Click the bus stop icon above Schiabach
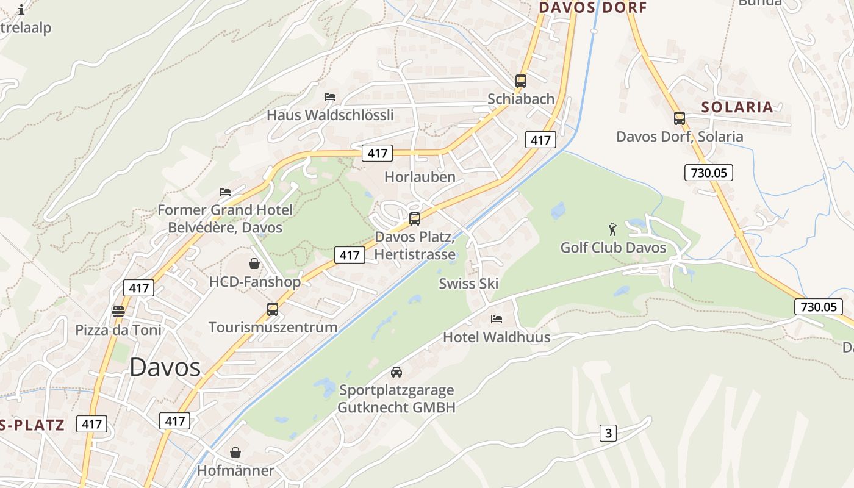(520, 81)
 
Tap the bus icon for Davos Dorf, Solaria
(680, 118)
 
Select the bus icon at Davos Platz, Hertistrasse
(415, 218)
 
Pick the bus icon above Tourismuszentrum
(273, 309)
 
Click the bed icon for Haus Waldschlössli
(330, 96)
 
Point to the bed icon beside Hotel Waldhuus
(497, 318)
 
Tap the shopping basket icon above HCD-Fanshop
(254, 264)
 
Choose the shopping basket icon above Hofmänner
(235, 453)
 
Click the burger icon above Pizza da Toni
(118, 312)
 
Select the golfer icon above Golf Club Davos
(613, 229)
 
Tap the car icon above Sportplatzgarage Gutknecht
(396, 371)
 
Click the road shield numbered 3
(608, 433)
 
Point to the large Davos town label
(165, 367)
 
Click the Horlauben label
(420, 177)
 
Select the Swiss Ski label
(468, 283)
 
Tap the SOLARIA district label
(737, 107)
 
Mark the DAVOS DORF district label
(593, 8)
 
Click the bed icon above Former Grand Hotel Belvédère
(225, 192)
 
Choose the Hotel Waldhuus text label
(497, 337)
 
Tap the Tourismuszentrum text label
(273, 327)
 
